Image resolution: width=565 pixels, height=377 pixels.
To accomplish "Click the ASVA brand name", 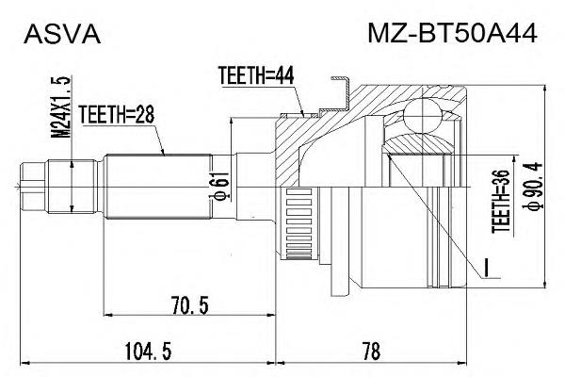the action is click(x=62, y=34).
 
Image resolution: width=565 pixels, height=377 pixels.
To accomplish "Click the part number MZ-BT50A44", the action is click(x=452, y=33).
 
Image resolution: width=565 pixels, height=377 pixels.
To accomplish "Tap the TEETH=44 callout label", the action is click(x=256, y=75).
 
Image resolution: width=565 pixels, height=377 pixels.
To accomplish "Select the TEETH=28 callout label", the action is click(x=117, y=114).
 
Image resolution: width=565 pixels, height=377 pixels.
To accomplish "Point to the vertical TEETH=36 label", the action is click(x=501, y=202).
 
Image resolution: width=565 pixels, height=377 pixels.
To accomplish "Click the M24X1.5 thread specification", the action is click(x=60, y=107).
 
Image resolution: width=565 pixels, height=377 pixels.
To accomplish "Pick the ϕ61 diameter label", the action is click(x=221, y=186).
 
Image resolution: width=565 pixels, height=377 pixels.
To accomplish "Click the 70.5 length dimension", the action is click(x=190, y=306).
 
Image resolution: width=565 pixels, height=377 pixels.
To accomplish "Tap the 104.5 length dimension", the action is click(x=148, y=352).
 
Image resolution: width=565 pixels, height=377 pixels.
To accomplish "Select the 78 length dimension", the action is click(x=372, y=352).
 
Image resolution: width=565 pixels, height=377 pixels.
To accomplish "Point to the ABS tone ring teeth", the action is click(x=299, y=224).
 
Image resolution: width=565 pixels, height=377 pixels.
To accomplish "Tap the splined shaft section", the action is click(x=157, y=187).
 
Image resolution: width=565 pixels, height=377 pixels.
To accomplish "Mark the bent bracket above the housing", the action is click(x=338, y=95).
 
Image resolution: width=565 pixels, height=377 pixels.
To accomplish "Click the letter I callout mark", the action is click(x=486, y=268).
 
